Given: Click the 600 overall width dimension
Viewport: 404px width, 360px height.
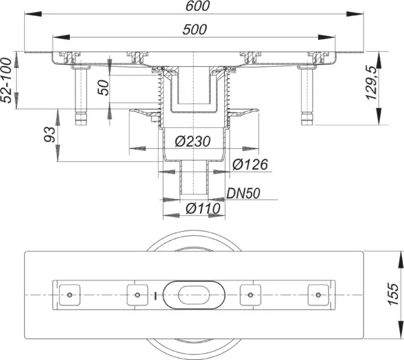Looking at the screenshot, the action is pyautogui.click(x=197, y=6).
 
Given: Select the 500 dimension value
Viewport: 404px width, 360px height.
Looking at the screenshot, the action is pyautogui.click(x=195, y=30).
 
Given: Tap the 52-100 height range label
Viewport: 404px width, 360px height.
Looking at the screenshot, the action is pyautogui.click(x=6, y=80).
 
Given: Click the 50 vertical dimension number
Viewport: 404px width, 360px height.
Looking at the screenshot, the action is pyautogui.click(x=104, y=88).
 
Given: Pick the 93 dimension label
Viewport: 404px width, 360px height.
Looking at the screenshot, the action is pyautogui.click(x=49, y=134).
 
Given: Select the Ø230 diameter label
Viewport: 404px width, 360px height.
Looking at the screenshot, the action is pyautogui.click(x=193, y=142).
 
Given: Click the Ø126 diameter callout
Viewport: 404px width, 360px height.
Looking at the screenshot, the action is pyautogui.click(x=250, y=164).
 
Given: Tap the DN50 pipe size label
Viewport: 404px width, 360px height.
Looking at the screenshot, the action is pyautogui.click(x=243, y=193).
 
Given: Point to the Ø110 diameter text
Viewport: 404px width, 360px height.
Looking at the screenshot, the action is pyautogui.click(x=203, y=208).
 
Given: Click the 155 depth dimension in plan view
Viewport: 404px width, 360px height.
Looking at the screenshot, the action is pyautogui.click(x=393, y=294).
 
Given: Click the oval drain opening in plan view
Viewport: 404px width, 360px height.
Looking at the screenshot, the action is pyautogui.click(x=195, y=295).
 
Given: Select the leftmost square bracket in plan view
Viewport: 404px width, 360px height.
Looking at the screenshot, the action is pyautogui.click(x=69, y=295).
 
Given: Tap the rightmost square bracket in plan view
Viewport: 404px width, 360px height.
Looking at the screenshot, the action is pyautogui.click(x=318, y=295).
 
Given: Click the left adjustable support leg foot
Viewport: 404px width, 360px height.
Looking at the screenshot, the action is pyautogui.click(x=81, y=119).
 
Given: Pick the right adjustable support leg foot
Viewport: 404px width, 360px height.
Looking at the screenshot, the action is pyautogui.click(x=307, y=119).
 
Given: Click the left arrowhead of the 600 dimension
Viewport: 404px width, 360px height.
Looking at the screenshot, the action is pyautogui.click(x=33, y=14).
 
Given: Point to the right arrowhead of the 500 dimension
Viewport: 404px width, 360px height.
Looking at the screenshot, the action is pyautogui.click(x=327, y=37).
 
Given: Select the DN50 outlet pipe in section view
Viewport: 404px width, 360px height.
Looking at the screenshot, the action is pyautogui.click(x=194, y=177).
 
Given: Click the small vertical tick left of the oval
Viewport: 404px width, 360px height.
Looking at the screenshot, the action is pyautogui.click(x=156, y=295).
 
